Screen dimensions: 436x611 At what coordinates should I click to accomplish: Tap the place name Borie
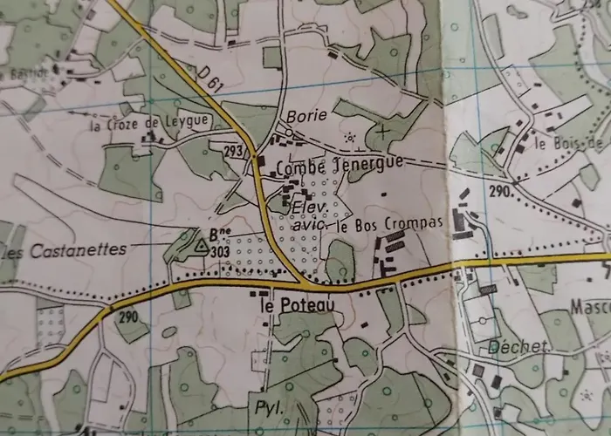click(305, 115)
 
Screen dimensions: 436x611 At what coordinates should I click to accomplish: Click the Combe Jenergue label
click(339, 165)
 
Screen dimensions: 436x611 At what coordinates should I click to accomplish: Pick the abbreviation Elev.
click(308, 208)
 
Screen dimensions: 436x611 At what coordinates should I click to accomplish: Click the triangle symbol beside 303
click(201, 248)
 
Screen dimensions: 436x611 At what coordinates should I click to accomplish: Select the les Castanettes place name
click(63, 251)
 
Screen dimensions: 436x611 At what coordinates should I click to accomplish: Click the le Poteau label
click(292, 307)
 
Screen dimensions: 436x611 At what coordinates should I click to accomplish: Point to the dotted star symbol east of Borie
click(351, 137)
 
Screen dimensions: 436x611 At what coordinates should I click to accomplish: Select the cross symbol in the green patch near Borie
click(381, 133)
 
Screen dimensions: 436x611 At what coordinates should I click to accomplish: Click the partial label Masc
click(589, 307)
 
